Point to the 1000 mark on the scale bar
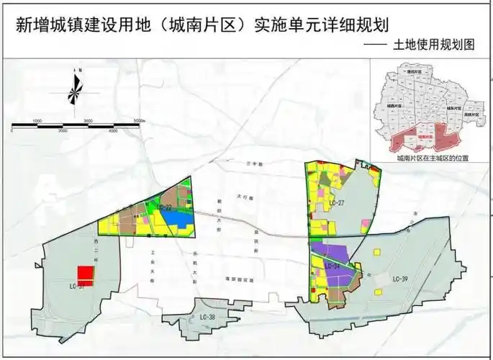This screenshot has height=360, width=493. click(37, 120)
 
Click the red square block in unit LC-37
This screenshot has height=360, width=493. click(86, 275)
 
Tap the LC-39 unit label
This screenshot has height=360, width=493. click(401, 279)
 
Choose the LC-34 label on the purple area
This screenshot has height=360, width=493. click(333, 266)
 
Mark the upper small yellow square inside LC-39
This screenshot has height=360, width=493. click(378, 252)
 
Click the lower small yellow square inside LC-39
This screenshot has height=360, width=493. click(378, 292)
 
